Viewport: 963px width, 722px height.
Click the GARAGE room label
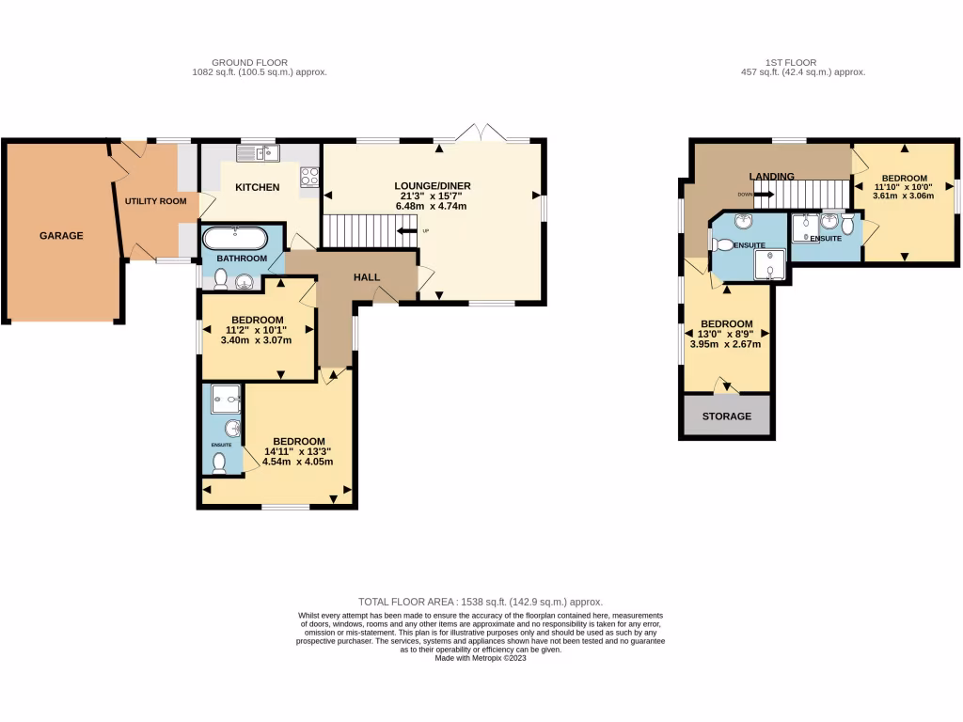[60, 236]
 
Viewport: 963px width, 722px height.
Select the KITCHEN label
[257, 187]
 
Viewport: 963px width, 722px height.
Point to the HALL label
[367, 277]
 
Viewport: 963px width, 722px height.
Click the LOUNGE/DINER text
[433, 185]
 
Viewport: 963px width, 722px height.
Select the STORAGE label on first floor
[727, 416]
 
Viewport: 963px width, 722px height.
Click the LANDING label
[771, 176]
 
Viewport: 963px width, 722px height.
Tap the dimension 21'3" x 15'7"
[433, 196]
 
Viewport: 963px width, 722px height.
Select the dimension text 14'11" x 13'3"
[298, 451]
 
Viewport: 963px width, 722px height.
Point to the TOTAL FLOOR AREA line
[480, 602]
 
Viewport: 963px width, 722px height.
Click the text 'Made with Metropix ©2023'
[480, 659]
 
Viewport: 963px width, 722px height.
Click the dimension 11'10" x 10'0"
[904, 188]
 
